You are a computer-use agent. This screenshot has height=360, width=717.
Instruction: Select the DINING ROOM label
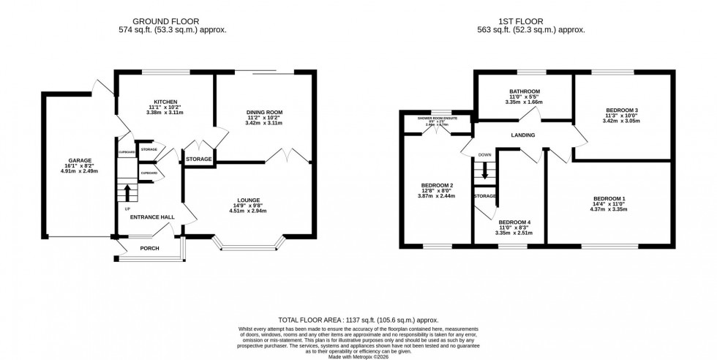coord(263,112)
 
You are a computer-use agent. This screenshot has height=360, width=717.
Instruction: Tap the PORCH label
coord(149,248)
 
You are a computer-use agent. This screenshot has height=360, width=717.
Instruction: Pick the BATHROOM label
coord(525,92)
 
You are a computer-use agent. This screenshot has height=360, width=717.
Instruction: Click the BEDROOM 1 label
coord(609,199)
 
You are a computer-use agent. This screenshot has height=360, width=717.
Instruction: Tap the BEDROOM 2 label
coord(436,185)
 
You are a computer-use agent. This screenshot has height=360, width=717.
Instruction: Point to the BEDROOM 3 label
coord(622,110)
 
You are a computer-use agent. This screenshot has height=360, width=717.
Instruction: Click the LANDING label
coord(523,135)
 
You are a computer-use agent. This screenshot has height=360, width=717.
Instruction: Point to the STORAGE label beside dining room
coord(198,159)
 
